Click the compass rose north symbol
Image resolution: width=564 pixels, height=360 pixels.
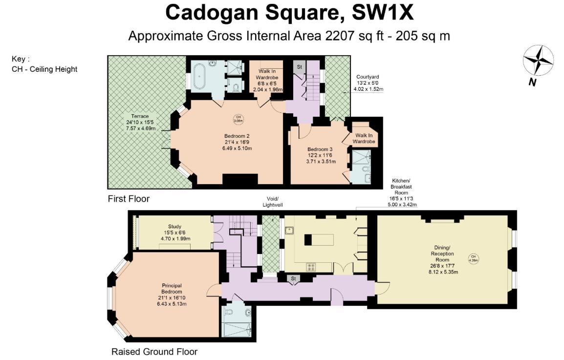pos(538,63)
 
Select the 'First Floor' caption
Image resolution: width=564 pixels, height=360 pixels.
pos(129,199)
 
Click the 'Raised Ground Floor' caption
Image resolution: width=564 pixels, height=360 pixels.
pos(154,352)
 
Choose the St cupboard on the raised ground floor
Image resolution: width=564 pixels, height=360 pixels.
pos(294,279)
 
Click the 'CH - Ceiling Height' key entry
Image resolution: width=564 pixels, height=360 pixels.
pos(44,69)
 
